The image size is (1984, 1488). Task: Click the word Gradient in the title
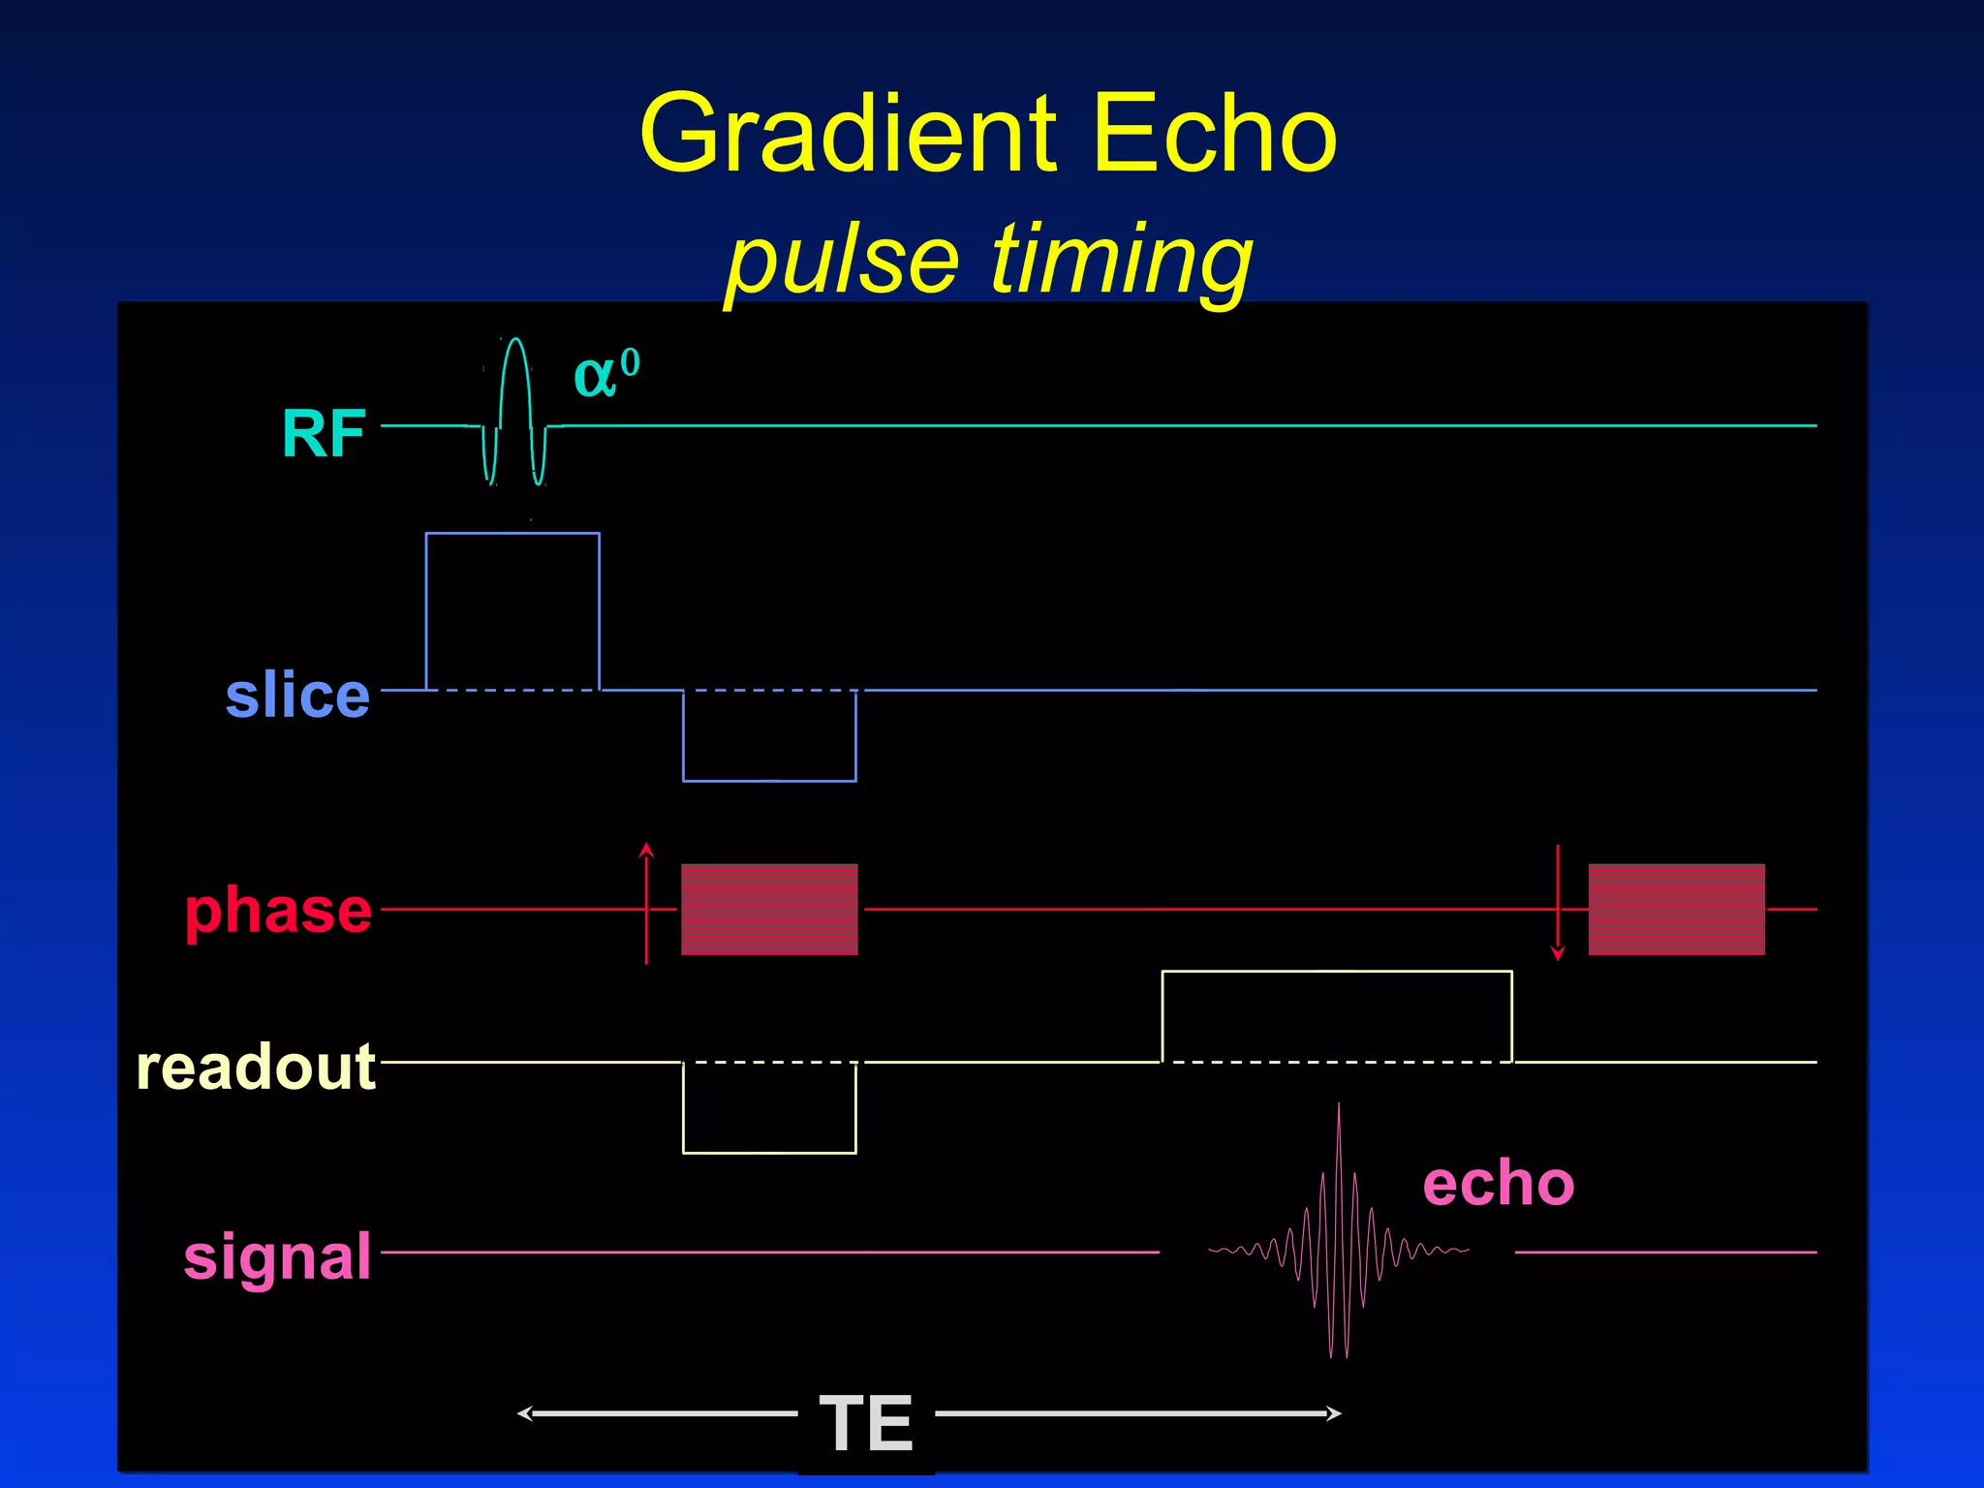pos(848,136)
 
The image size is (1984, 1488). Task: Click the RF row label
pos(324,433)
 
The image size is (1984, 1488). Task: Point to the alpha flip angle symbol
pos(605,373)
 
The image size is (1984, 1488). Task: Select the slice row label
pos(297,695)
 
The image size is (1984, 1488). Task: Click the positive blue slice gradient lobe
pos(512,610)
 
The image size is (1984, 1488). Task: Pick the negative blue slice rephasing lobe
pos(769,736)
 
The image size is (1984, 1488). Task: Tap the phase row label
pos(278,911)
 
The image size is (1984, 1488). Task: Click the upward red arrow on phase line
pos(646,901)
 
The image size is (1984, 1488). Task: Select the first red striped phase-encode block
pos(769,910)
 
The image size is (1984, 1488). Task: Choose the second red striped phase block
pos(1676,910)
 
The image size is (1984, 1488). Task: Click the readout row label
pos(256,1067)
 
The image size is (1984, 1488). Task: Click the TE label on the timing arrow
pos(865,1423)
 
